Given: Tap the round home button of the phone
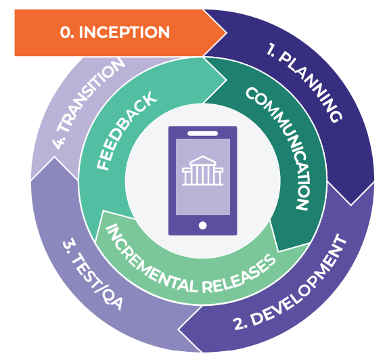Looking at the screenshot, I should point(202,225).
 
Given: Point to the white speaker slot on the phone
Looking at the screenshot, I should point(202,133).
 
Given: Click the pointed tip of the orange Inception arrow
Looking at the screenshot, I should point(226,32).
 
